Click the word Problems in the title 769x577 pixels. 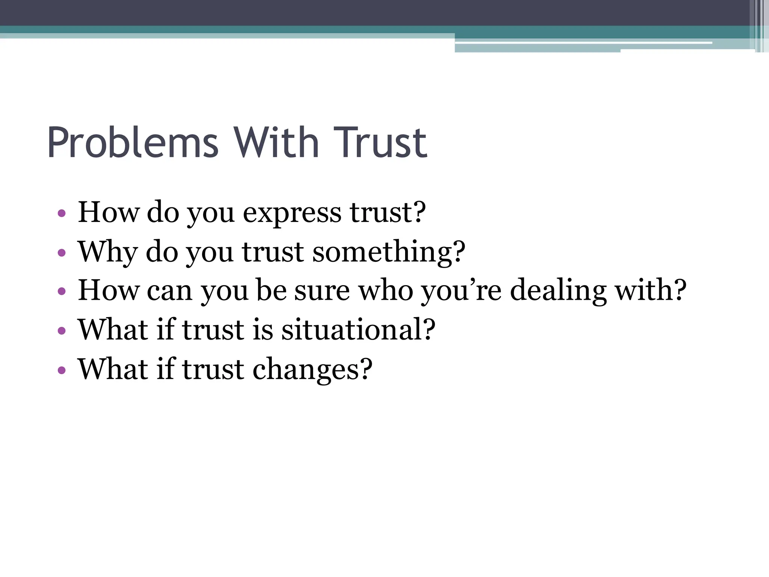pyautogui.click(x=133, y=143)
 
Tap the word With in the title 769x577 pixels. pyautogui.click(x=276, y=143)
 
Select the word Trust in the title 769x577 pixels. pyautogui.click(x=380, y=143)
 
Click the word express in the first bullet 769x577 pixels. pyautogui.click(x=292, y=213)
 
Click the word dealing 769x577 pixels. pyautogui.click(x=558, y=291)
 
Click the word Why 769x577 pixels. pyautogui.click(x=107, y=252)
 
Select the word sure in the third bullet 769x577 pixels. pyautogui.click(x=322, y=291)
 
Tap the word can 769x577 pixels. pyautogui.click(x=169, y=291)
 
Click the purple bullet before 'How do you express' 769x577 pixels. pyautogui.click(x=62, y=214)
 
